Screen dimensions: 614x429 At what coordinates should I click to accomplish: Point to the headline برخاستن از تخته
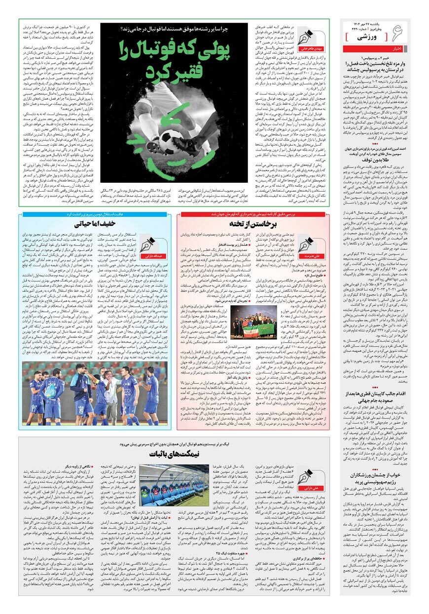(256, 224)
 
